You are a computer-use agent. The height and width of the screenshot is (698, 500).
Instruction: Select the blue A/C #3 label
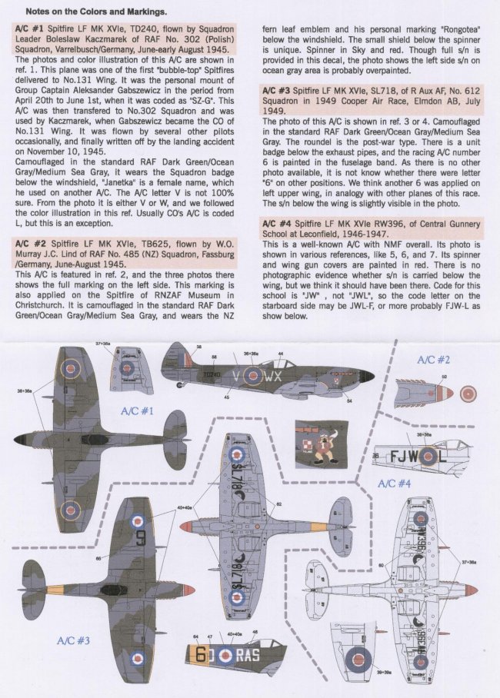point(74,640)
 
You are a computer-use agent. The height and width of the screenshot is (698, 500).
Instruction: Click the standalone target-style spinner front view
point(467,394)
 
